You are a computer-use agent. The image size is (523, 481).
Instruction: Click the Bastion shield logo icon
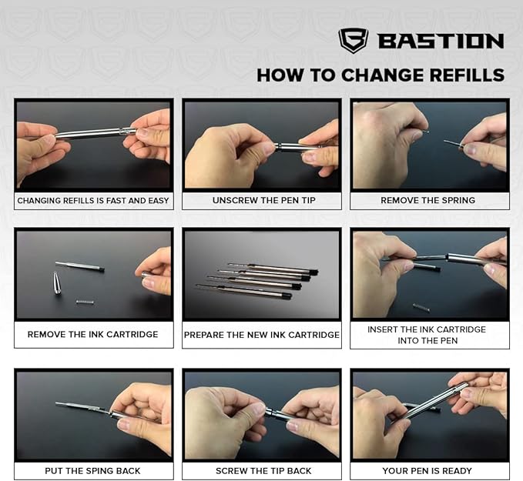coord(353,40)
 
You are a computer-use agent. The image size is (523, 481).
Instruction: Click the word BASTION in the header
coord(441,41)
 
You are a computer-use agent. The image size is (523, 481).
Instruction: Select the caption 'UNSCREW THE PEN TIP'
coord(260,200)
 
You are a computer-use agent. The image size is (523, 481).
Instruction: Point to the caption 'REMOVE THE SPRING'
coord(427,200)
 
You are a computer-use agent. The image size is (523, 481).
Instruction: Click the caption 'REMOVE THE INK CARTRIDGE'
coord(92,335)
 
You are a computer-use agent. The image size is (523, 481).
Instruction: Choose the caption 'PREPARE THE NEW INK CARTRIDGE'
coord(261,335)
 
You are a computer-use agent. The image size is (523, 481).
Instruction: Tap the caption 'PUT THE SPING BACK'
coord(92,469)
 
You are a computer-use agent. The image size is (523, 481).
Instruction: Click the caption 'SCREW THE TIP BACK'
coord(262,469)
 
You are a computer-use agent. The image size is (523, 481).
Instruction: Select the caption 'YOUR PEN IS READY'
coord(429,469)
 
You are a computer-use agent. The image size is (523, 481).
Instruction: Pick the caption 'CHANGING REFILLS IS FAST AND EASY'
coord(92,200)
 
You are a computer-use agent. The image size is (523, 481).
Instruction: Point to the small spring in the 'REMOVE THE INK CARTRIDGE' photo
coord(85,302)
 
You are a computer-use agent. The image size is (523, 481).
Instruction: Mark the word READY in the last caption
coord(456,469)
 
